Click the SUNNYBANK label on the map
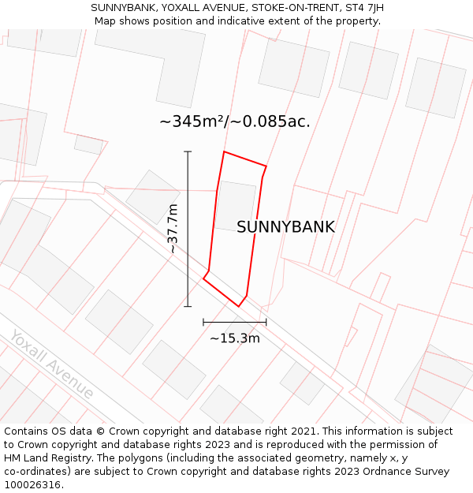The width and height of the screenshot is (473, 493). (x=285, y=227)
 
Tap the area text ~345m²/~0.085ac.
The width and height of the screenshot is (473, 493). (x=235, y=121)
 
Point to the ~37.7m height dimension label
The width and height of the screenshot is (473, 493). (x=173, y=229)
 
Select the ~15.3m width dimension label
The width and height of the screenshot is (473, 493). (x=234, y=338)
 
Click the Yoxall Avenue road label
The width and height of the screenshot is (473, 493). (x=52, y=364)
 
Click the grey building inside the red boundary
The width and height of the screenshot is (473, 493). (x=235, y=205)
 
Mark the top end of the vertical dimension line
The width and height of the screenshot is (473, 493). (x=188, y=151)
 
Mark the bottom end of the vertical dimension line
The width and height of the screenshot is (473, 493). (x=188, y=306)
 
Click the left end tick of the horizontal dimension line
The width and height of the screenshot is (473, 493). (x=203, y=322)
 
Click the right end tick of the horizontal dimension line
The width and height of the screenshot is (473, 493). (x=266, y=322)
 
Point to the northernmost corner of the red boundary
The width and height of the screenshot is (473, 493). (x=225, y=151)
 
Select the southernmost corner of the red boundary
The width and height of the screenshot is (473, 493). (x=239, y=306)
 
